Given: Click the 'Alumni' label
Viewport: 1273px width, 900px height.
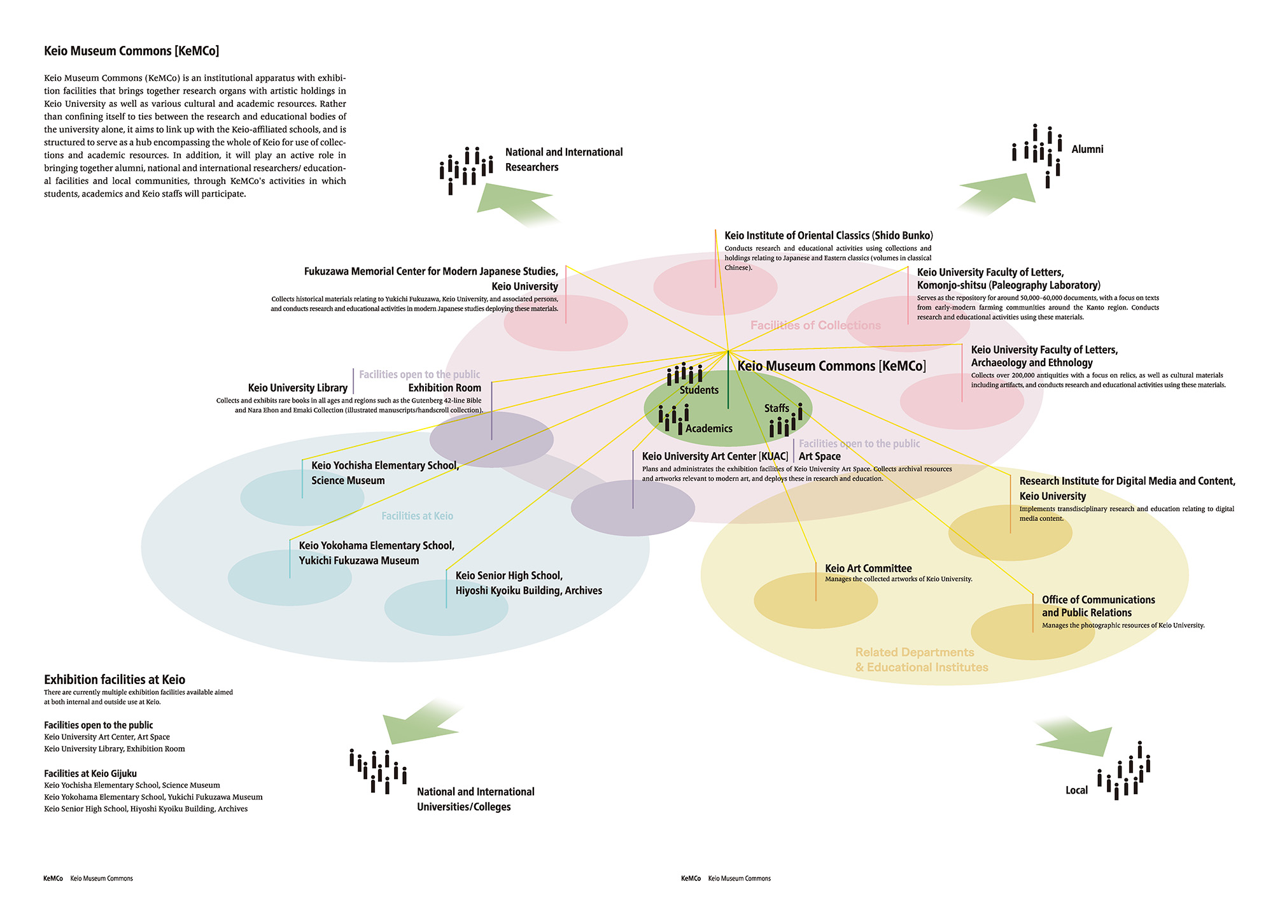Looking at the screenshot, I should (x=1087, y=149).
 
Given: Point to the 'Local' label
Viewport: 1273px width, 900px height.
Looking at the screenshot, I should (x=1076, y=790).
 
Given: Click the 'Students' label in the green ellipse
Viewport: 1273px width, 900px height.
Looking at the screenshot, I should (x=699, y=390).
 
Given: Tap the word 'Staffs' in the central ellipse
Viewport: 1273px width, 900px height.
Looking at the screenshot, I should (x=777, y=408).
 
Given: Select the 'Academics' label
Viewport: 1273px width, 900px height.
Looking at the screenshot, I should (x=708, y=429).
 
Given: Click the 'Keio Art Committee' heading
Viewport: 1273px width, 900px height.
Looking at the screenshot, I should (x=868, y=568).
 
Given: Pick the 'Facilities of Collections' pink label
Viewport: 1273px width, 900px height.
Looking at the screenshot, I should (x=815, y=325).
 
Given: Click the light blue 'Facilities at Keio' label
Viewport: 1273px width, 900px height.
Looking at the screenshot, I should (x=417, y=516).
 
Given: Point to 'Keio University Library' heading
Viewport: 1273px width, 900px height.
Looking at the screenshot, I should (x=297, y=388).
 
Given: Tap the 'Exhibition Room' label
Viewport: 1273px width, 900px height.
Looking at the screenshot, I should (x=444, y=388).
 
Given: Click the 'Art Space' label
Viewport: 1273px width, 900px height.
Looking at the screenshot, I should (x=819, y=456).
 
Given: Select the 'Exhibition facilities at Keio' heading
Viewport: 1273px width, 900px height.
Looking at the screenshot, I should (x=115, y=680).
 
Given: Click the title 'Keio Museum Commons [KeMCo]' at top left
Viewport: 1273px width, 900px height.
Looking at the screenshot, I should (x=131, y=51).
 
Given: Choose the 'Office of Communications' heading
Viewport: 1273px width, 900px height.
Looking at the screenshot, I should (x=1098, y=600).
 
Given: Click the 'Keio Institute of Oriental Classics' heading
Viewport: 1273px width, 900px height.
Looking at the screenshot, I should (x=828, y=236).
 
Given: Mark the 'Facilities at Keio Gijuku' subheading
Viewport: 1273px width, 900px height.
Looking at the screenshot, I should (x=90, y=773).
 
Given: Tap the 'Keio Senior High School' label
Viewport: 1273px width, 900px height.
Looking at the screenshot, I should (x=509, y=576).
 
